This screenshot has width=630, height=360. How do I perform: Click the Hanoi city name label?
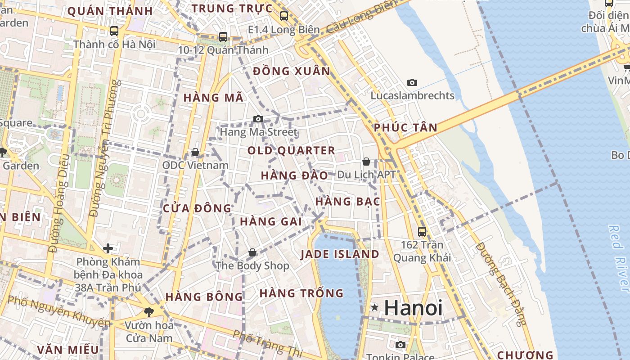click(413, 308)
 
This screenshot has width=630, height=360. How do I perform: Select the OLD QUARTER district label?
click(292, 150)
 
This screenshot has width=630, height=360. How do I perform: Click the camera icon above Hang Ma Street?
click(258, 119)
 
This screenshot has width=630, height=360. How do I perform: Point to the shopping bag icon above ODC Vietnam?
click(195, 152)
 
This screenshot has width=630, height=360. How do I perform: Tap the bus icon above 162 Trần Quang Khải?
click(422, 231)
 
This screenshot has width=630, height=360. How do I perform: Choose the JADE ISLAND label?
click(340, 254)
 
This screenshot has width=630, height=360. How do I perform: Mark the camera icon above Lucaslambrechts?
click(412, 82)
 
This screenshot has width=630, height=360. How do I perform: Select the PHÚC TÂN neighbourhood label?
click(405, 128)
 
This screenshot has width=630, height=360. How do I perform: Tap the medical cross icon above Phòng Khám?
click(108, 248)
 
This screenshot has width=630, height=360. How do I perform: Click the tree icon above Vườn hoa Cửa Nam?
click(148, 311)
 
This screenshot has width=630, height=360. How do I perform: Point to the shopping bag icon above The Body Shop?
click(252, 252)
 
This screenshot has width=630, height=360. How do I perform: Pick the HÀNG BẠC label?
click(348, 202)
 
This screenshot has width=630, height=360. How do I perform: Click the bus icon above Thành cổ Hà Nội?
click(114, 31)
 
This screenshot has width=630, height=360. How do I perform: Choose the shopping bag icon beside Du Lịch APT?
click(366, 161)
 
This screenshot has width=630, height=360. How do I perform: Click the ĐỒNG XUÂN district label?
click(292, 71)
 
